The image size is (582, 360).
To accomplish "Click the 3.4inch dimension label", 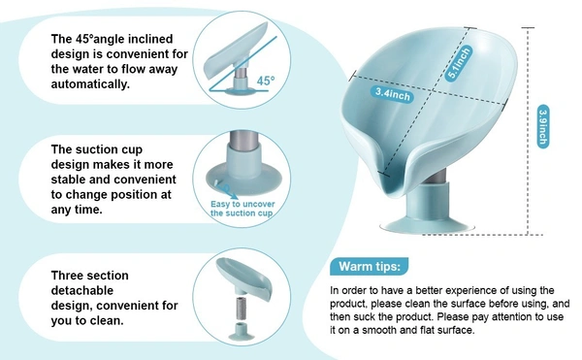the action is tap(393, 94).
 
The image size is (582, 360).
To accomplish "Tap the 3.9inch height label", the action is tap(542, 126).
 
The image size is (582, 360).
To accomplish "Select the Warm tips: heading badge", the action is tap(370, 266).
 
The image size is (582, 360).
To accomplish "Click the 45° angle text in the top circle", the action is tap(266, 81).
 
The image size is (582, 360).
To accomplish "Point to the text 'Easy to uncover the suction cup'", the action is tap(242, 209).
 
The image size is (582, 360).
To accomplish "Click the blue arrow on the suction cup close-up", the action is tap(227, 191).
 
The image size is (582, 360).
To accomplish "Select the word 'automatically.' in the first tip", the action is tap(90, 83).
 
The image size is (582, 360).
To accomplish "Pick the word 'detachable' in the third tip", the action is tap(82, 290).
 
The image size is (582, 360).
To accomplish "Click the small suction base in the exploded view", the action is tap(242, 332).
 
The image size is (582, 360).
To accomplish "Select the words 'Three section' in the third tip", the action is tap(90, 276).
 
